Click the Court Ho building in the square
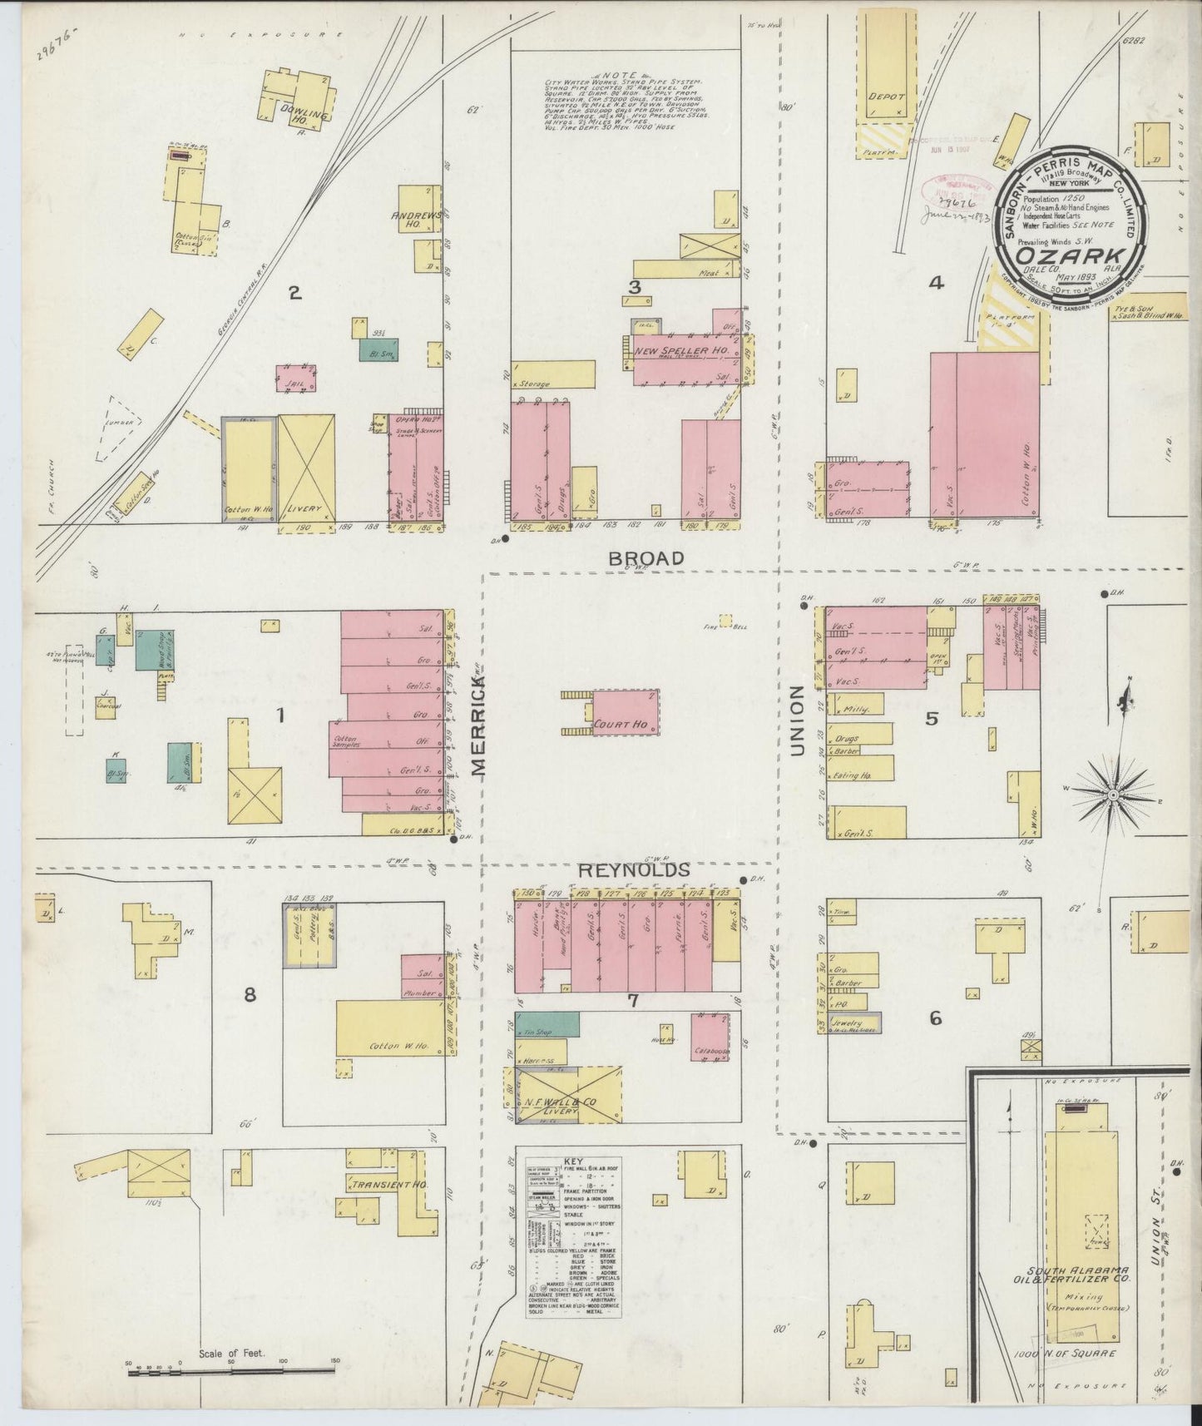coord(626,712)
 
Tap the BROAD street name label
coord(646,558)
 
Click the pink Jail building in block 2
coord(296,378)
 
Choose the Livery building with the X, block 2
coord(306,468)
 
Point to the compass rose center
coord(1113,796)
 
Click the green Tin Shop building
coord(547,1024)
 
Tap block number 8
coord(249,994)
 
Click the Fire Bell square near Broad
coord(726,620)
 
